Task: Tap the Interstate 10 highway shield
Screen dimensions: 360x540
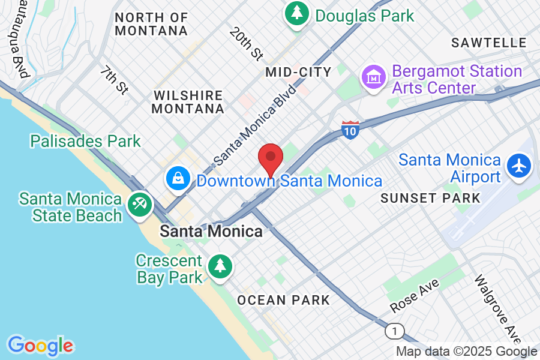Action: pos(350,130)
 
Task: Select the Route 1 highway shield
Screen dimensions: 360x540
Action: pos(394,331)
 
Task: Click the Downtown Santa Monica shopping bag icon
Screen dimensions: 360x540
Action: pos(178,178)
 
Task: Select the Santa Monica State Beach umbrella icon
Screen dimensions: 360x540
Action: pos(140,205)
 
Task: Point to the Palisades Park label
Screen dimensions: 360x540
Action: pos(86,142)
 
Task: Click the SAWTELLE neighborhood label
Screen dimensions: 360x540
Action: pos(489,43)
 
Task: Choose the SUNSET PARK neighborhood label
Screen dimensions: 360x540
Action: pos(430,198)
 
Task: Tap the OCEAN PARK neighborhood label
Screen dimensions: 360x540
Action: pos(283,300)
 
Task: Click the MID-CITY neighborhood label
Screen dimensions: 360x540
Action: pos(298,73)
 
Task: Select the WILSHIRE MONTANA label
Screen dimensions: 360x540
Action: pos(188,102)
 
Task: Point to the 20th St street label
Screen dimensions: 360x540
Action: pos(247,44)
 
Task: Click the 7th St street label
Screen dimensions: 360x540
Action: pos(115,80)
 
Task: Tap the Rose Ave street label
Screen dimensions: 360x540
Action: pos(415,295)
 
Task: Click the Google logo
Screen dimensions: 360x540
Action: pos(40,346)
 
